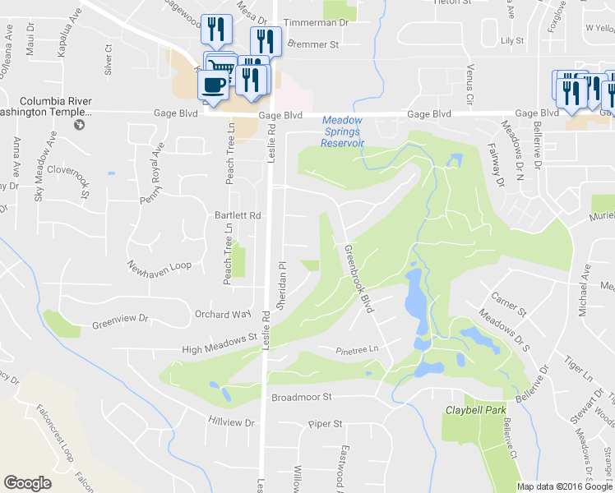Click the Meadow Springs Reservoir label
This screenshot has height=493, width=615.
tap(343, 131)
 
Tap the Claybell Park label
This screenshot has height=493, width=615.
tap(474, 409)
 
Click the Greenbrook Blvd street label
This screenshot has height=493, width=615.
tap(359, 279)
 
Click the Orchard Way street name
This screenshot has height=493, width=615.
tap(222, 314)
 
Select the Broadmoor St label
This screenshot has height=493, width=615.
tap(301, 397)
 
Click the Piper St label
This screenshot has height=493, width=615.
tap(325, 424)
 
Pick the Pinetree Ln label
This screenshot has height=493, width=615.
tap(357, 350)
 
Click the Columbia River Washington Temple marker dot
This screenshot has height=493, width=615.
tap(79, 125)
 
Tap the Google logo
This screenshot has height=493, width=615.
tap(27, 483)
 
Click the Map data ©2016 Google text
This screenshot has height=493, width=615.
tap(564, 486)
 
